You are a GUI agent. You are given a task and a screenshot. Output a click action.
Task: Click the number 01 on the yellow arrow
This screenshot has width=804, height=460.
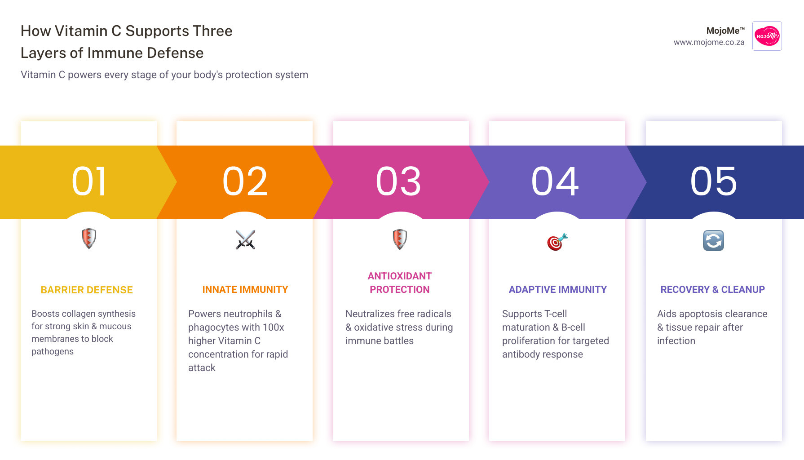tap(89, 181)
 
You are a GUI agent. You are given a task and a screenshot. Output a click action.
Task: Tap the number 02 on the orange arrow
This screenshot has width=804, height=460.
tap(245, 181)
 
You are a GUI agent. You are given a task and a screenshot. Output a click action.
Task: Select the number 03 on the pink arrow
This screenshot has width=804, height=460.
tap(398, 181)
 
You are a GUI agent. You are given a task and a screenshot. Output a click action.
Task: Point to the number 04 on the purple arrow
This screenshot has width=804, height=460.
tap(555, 181)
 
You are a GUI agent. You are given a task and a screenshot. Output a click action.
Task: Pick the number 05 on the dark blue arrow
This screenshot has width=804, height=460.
tap(714, 181)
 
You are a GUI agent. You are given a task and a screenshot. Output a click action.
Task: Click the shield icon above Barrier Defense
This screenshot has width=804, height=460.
tap(89, 238)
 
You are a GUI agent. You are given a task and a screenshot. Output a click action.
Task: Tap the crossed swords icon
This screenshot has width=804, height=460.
tap(245, 240)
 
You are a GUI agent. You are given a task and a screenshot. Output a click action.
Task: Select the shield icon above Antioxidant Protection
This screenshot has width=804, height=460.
tap(400, 239)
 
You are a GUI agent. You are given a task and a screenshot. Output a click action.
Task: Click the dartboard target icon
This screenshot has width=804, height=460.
tap(557, 242)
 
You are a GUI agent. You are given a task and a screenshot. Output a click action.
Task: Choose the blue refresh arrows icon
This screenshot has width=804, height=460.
tap(713, 240)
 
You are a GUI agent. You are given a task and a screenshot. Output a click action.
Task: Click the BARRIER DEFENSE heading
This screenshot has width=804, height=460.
tap(87, 290)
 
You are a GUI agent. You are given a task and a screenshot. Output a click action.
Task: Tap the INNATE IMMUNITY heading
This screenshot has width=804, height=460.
tap(245, 290)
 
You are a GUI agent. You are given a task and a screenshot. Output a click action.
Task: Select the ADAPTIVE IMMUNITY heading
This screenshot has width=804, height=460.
tap(557, 290)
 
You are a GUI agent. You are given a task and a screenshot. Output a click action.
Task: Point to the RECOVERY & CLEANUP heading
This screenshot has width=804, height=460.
tap(712, 290)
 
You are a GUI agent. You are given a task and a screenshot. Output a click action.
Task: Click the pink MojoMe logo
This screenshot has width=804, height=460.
tap(767, 36)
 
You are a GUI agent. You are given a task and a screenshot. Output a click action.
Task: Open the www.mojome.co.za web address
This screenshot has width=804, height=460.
tap(709, 42)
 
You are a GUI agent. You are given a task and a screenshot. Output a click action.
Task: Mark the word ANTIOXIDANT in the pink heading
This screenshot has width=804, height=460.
tap(400, 276)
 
